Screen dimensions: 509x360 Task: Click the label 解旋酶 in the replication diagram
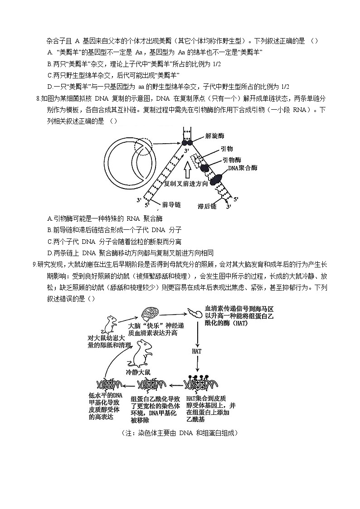pos(214,136)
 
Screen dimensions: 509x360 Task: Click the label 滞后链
pos(207,206)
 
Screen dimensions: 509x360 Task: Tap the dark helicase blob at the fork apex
pos(187,143)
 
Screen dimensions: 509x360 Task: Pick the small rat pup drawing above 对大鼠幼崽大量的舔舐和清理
pos(110,324)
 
